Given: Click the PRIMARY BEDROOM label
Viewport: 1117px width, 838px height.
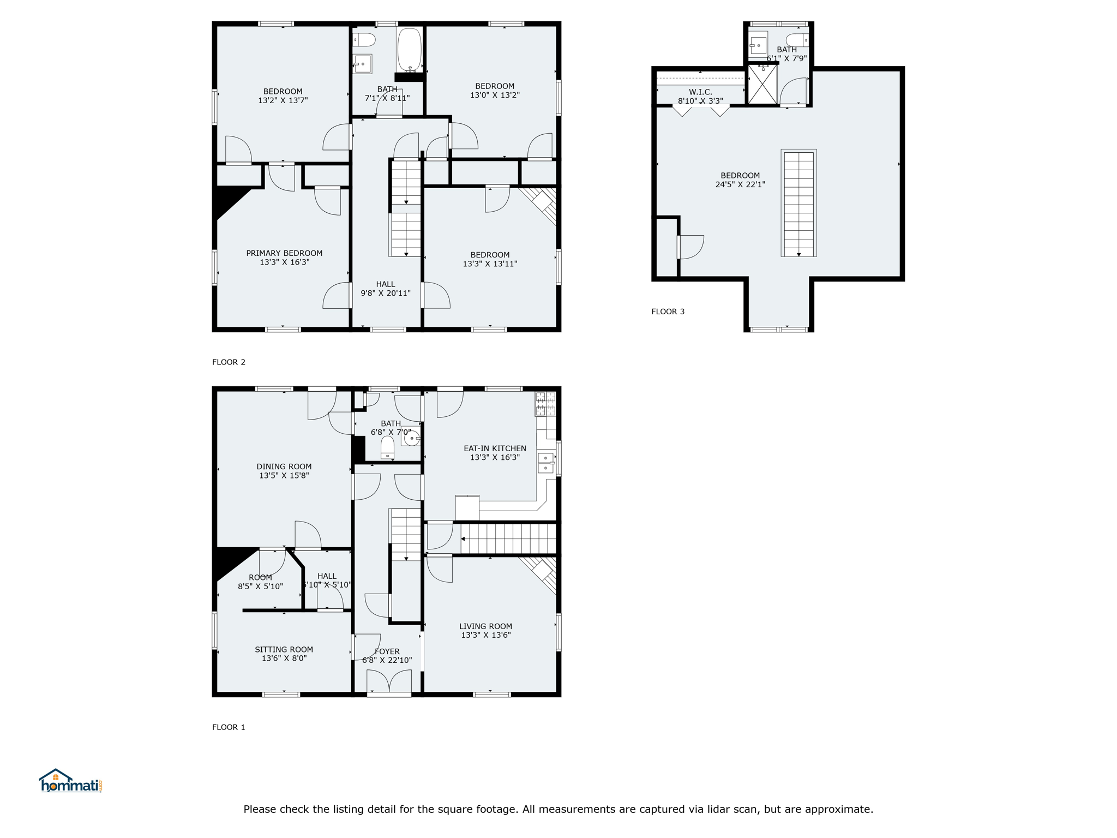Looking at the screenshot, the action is (284, 253).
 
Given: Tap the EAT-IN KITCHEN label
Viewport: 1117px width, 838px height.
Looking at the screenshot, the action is (495, 448).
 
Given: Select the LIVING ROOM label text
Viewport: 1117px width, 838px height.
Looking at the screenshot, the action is (485, 626).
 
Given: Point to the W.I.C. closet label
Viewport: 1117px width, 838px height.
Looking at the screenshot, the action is (700, 92).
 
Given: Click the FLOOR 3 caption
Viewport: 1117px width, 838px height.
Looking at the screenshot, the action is (668, 312).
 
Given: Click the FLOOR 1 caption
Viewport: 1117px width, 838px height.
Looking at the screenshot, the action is (229, 727).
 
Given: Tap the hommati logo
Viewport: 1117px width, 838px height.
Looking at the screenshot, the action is (70, 781).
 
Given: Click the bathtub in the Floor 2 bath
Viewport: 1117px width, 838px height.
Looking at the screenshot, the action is (410, 50).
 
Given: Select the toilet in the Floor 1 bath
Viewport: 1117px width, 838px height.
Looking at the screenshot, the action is (387, 447).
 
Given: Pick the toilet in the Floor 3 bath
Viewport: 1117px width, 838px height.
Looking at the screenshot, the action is (797, 40).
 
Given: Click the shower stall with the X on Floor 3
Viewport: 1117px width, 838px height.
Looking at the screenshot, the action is (762, 85).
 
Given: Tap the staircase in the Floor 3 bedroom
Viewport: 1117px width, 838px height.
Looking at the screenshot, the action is (798, 203).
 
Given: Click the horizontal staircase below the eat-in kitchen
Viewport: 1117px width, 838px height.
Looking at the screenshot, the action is (508, 538).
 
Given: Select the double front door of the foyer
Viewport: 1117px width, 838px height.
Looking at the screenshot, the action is (389, 683).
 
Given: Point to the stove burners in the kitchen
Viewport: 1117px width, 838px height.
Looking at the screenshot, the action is (545, 404).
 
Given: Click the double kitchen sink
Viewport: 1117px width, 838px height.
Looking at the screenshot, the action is (546, 463).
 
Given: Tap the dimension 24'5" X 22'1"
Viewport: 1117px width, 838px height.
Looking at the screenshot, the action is (740, 184).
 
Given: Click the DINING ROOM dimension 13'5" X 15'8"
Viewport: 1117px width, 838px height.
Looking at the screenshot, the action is (284, 475).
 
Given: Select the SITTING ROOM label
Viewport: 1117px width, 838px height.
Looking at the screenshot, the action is (284, 649).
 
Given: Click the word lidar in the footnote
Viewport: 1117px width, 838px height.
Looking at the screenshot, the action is (712, 809).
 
